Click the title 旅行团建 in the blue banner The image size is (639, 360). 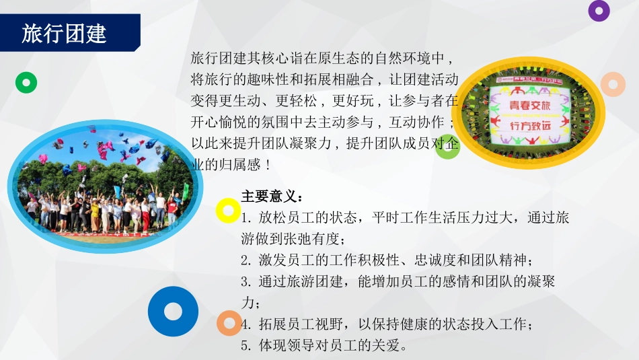(x=64, y=34)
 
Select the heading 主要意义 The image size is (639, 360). (x=272, y=196)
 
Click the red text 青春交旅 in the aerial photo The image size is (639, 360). (x=530, y=105)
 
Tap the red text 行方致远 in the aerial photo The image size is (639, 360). (x=530, y=126)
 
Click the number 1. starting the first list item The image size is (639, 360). (x=246, y=218)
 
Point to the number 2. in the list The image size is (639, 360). (x=246, y=260)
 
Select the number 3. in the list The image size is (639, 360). (x=246, y=281)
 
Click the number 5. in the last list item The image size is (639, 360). (x=246, y=346)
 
